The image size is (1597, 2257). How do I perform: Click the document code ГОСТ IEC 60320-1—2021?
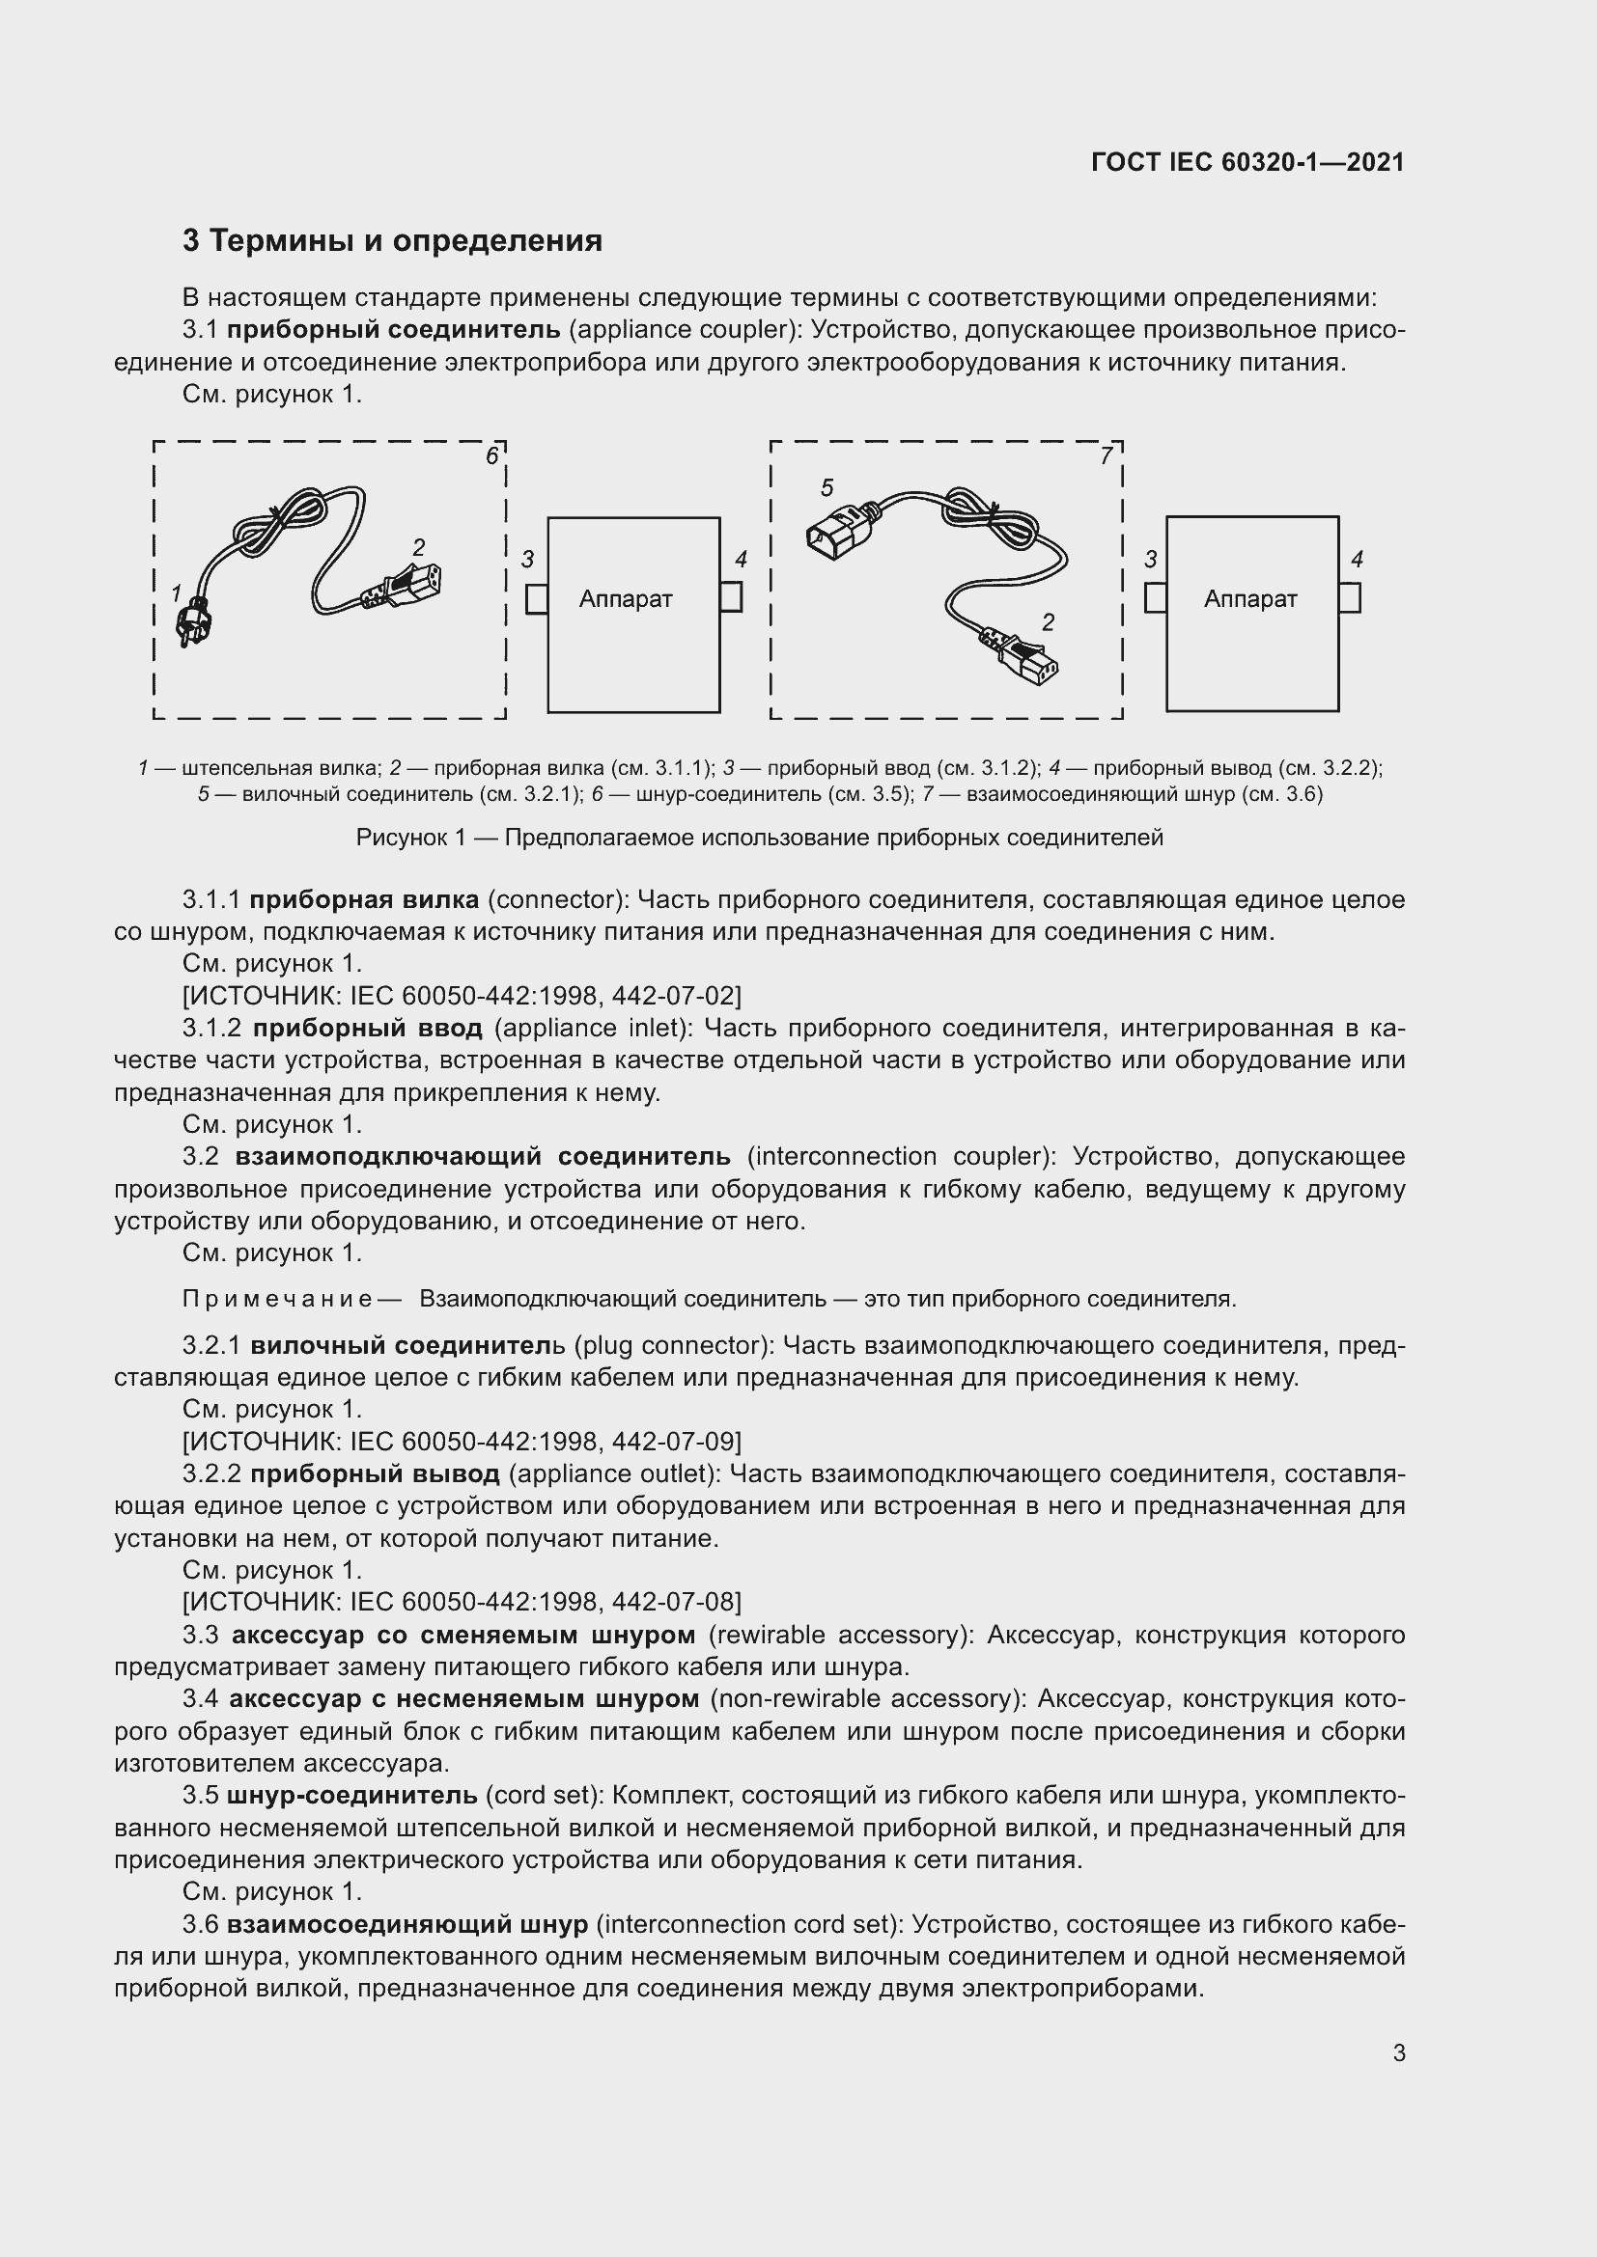tap(1247, 162)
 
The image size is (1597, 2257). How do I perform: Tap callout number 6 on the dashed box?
tap(491, 456)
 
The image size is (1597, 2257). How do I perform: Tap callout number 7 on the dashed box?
tap(1107, 456)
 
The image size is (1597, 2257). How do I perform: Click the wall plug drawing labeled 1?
tap(191, 622)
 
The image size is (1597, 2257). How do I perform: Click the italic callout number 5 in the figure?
tap(827, 487)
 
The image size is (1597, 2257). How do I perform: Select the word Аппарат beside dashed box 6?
tap(626, 598)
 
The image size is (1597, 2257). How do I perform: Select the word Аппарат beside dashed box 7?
tap(1249, 598)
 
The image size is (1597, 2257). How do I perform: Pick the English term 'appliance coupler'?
tap(680, 329)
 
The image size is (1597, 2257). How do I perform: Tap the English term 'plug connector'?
tap(670, 1345)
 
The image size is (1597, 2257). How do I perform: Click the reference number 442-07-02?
tap(675, 996)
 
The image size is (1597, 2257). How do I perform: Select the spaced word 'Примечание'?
tap(277, 1300)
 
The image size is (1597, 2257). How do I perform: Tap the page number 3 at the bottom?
tap(1398, 2052)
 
